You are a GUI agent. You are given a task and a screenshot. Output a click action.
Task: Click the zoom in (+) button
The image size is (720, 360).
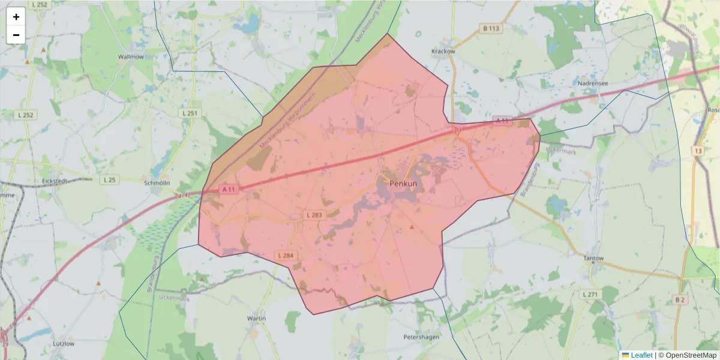coord(16,17)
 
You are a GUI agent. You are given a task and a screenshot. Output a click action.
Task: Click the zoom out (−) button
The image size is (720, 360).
coord(16,35)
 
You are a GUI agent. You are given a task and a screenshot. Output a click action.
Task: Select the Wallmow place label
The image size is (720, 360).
coord(131,56)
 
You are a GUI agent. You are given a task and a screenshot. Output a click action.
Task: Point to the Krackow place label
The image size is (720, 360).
coord(443,51)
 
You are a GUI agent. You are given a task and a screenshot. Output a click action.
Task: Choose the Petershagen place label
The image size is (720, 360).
coord(422,337)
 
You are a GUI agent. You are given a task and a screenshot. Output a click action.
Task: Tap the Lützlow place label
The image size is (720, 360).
coord(64,344)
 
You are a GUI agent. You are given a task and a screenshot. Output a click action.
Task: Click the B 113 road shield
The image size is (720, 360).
coord(491,28)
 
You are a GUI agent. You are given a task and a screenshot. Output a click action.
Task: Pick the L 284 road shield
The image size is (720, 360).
coord(286,256)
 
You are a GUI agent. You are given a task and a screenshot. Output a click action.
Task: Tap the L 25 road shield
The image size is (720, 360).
coord(110,179)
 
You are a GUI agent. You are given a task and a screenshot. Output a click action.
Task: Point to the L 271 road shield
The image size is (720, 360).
coord(590,295)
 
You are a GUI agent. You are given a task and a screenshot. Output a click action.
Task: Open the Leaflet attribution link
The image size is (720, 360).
coord(641,355)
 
